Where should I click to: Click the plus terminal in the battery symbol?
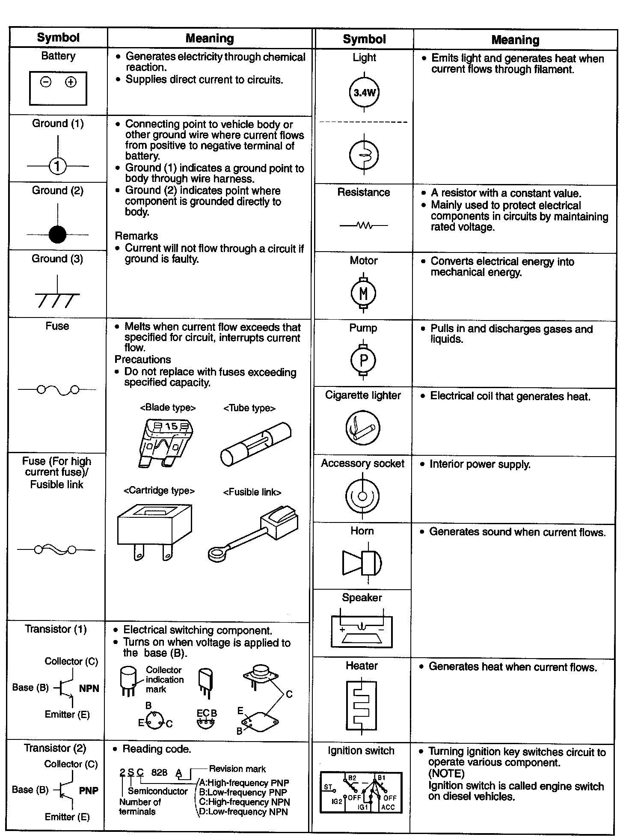(x=71, y=82)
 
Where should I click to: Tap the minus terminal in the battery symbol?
(x=46, y=82)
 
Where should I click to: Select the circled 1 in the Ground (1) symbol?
(x=58, y=166)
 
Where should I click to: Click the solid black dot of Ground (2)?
(x=57, y=234)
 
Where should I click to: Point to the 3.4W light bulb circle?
(x=364, y=92)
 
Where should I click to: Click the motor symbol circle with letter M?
(x=363, y=293)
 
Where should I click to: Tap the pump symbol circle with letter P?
(x=363, y=360)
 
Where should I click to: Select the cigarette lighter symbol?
(x=362, y=428)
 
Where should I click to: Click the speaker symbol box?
(x=362, y=632)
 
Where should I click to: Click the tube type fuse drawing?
(x=255, y=444)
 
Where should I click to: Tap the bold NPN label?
(x=89, y=689)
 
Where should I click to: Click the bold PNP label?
(x=89, y=790)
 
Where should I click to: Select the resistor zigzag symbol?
(x=364, y=226)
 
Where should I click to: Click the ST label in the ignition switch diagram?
(x=328, y=787)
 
